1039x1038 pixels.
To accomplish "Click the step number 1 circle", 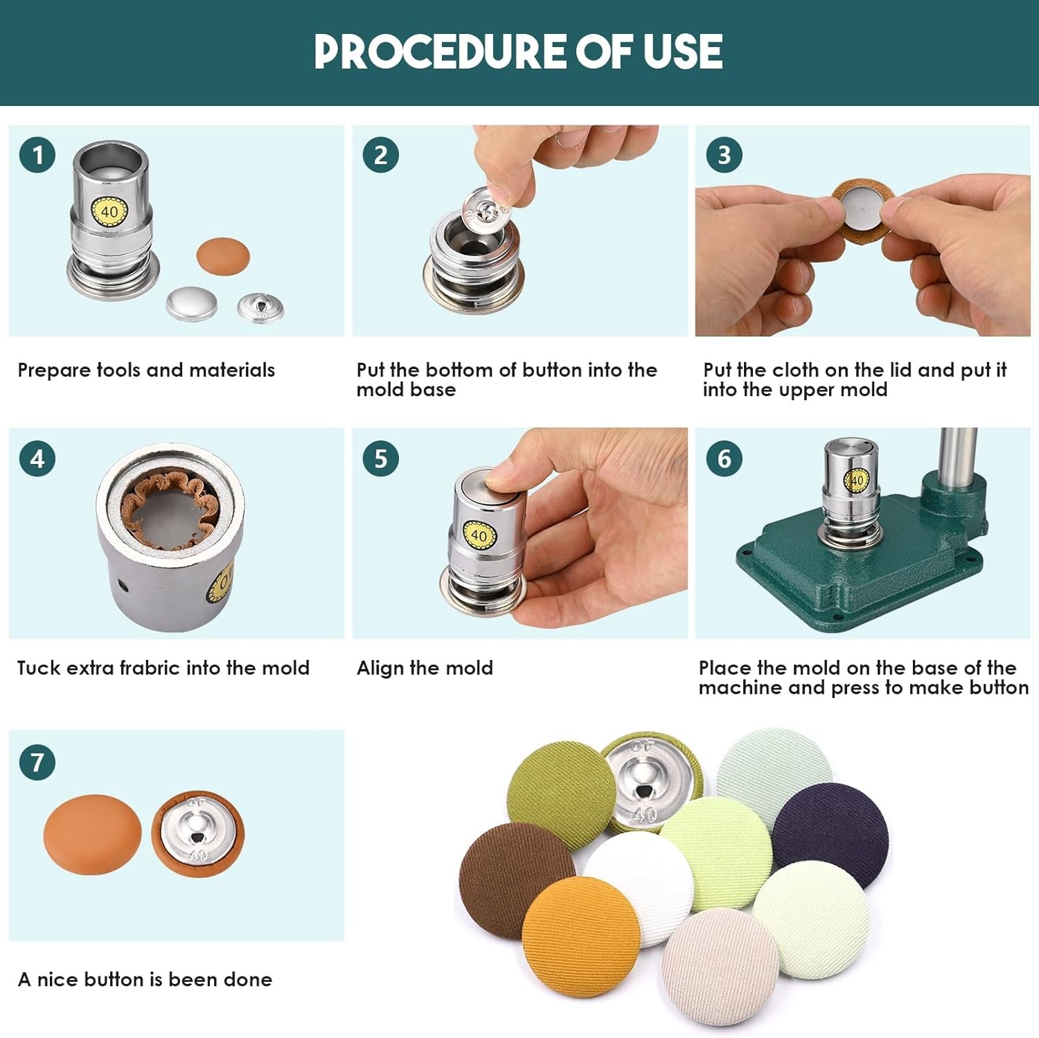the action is tap(37, 155).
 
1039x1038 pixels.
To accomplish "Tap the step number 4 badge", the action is tap(37, 458).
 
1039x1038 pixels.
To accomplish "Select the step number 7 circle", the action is tap(37, 762).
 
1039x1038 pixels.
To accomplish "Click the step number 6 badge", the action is tap(724, 458).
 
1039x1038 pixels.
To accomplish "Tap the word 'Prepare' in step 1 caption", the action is tap(54, 370).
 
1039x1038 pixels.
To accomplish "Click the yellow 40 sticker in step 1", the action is tap(109, 211).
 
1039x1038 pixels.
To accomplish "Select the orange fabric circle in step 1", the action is tap(223, 255).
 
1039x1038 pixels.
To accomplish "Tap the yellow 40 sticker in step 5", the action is tap(479, 535).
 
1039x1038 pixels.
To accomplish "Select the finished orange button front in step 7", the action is tap(92, 834).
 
